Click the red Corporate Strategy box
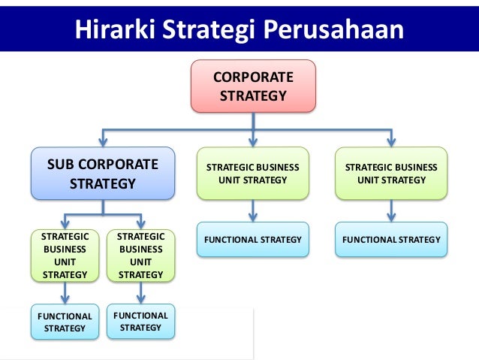[253, 86]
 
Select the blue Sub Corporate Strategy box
[102, 174]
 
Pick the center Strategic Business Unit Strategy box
[253, 174]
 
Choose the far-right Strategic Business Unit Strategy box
[390, 174]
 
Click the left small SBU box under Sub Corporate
[65, 256]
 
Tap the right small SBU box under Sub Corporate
[140, 256]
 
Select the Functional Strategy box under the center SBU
[253, 240]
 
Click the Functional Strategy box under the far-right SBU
[390, 240]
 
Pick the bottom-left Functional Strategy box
[65, 322]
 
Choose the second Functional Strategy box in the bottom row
[140, 321]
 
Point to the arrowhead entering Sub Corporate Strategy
[103, 141]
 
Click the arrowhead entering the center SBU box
[253, 141]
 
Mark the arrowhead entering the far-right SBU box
[390, 141]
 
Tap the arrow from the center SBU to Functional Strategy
[253, 210]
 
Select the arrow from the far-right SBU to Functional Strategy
[390, 210]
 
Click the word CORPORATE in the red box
[253, 77]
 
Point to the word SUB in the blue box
[59, 165]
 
